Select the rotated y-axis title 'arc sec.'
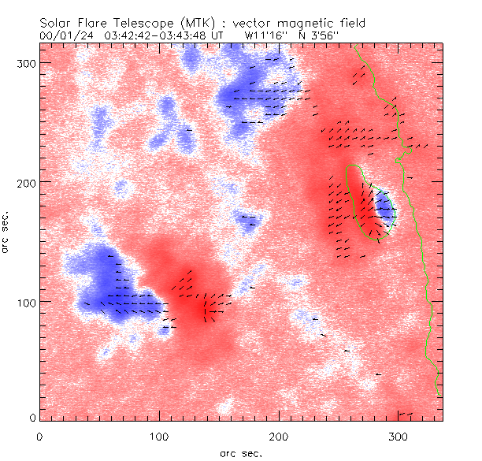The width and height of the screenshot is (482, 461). (x=8, y=232)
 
